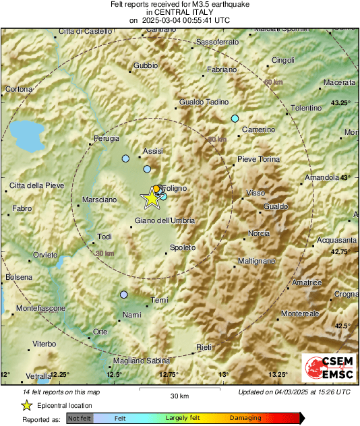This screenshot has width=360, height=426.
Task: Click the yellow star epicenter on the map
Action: click(151, 198)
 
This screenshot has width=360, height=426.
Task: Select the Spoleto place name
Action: click(183, 247)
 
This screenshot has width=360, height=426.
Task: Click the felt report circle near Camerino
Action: click(235, 119)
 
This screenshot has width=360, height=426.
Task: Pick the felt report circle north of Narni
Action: click(123, 295)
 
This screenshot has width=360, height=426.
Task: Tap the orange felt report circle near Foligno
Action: click(156, 189)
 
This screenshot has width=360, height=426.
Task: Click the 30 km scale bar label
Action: click(179, 396)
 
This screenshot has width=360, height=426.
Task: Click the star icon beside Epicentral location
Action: click(26, 405)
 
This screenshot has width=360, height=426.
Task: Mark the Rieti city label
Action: click(203, 346)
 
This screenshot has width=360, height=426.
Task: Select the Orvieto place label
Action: click(45, 255)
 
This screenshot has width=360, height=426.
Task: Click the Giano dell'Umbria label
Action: click(165, 221)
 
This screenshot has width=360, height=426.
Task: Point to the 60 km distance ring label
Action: click(273, 82)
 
